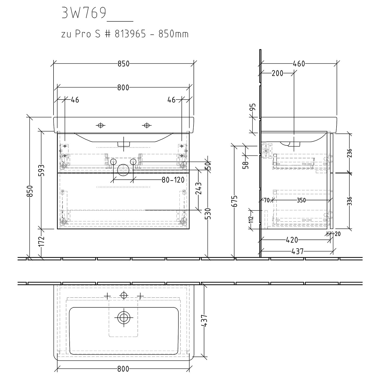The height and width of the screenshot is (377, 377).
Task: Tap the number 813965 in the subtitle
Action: coord(130,34)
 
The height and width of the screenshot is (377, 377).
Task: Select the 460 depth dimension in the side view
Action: coord(299,64)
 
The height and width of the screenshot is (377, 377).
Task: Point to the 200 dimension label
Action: coord(277,73)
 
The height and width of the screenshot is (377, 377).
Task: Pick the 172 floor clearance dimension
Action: coord(42,241)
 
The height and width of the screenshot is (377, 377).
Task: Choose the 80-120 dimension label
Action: coord(173,180)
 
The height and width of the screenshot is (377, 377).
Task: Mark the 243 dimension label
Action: coord(199,188)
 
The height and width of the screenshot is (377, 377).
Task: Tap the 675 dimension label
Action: coord(234,201)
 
